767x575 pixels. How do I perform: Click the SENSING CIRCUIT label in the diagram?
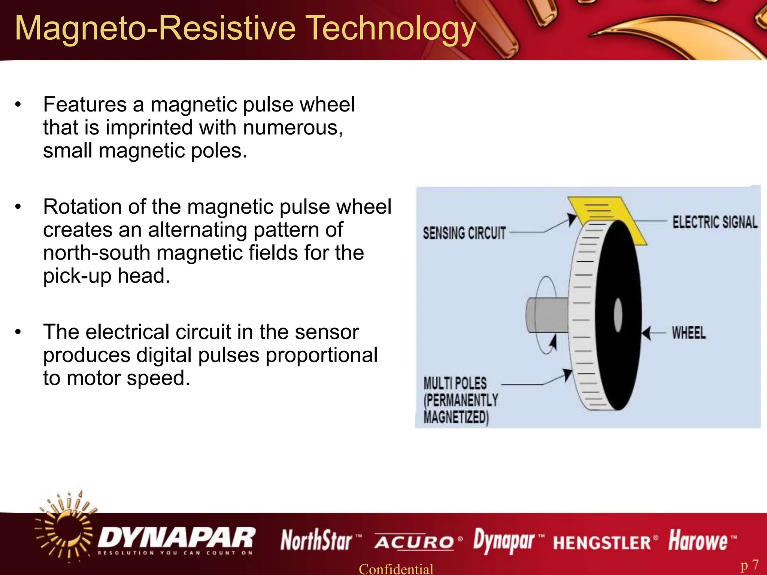[464, 233]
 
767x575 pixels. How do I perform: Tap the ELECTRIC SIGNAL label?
[715, 222]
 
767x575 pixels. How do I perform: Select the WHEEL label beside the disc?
[689, 332]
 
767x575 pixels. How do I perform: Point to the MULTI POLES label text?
[455, 384]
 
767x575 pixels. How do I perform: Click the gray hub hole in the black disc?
[618, 315]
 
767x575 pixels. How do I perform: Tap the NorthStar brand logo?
[317, 541]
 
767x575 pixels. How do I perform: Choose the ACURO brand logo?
[414, 542]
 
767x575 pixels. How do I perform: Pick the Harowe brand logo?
[698, 541]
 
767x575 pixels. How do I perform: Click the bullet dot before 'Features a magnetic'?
[18, 105]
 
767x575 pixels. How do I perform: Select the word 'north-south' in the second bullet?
[97, 253]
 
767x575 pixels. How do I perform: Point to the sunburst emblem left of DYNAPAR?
[66, 528]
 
